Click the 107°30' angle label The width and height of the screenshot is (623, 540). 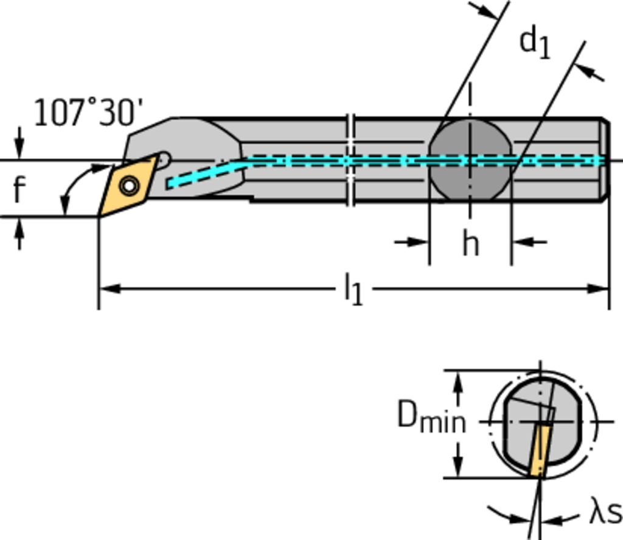click(88, 113)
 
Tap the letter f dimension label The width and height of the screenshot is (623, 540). click(19, 189)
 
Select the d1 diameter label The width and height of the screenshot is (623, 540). click(535, 43)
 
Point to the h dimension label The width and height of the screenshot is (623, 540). click(470, 244)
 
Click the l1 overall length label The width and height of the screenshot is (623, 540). click(353, 288)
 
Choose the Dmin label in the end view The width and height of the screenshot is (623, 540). click(431, 417)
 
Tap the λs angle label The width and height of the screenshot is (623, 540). click(605, 513)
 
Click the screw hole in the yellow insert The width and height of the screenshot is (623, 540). click(129, 184)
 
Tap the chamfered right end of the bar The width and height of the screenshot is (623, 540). click(605, 160)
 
